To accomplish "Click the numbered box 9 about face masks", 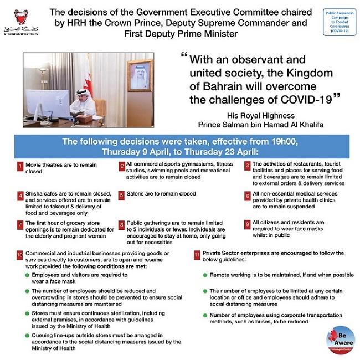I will click(248, 224).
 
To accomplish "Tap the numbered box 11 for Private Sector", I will click(198, 254).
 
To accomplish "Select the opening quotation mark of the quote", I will click(184, 57).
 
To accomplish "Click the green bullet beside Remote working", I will click(205, 275).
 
